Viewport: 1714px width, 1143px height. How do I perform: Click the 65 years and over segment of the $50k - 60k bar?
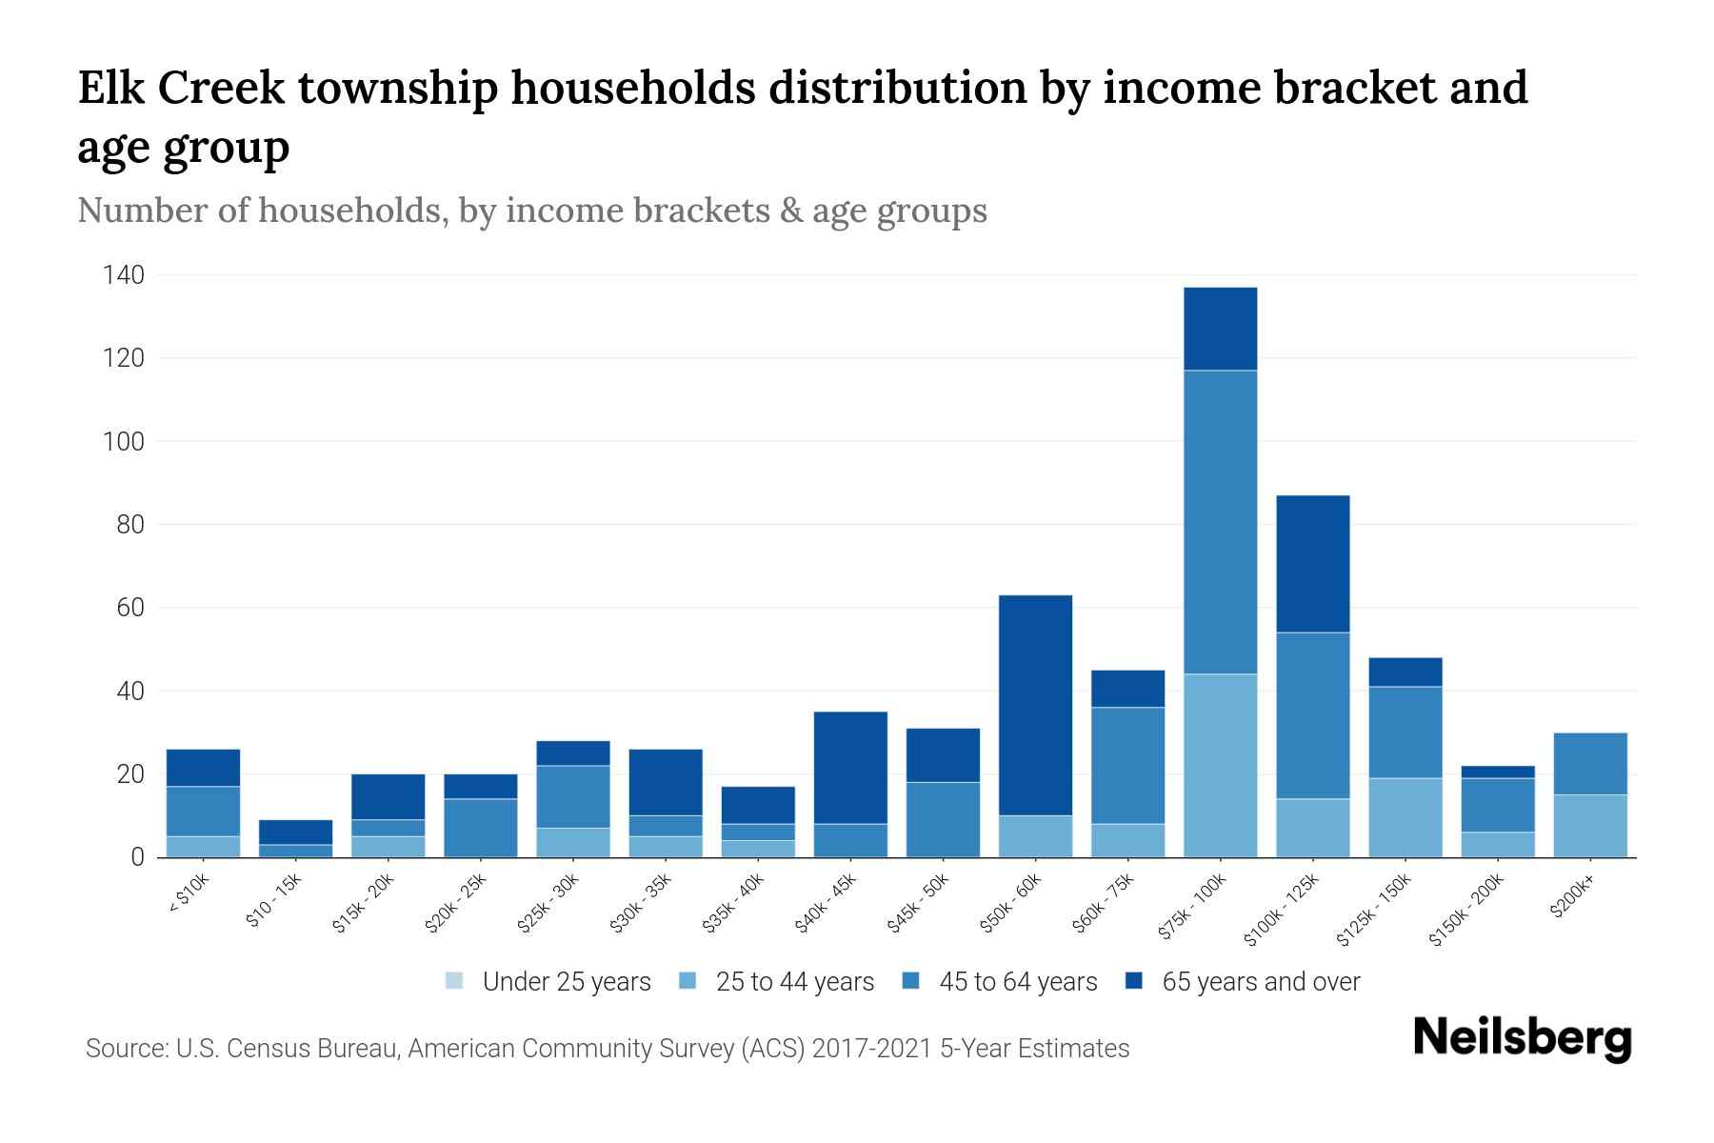[1035, 705]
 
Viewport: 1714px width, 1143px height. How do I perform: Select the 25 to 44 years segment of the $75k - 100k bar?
[1220, 765]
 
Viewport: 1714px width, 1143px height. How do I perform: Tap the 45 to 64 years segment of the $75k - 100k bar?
[1220, 522]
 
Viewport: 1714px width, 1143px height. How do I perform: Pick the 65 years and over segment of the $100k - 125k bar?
[1313, 564]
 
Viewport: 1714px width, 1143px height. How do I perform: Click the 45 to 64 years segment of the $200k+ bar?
[1590, 763]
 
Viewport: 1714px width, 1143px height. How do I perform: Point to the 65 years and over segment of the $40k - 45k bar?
[850, 768]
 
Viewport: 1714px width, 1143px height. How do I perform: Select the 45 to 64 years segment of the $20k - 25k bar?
[481, 827]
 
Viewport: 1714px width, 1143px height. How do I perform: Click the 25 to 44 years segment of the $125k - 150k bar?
[1405, 817]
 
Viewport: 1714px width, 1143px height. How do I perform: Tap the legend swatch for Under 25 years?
[454, 981]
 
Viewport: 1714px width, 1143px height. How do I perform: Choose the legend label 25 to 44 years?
[794, 982]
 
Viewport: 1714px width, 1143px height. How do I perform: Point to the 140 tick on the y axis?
[124, 276]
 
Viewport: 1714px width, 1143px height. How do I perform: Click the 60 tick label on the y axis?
[130, 608]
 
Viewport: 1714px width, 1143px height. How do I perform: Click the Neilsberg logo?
[1522, 1038]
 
